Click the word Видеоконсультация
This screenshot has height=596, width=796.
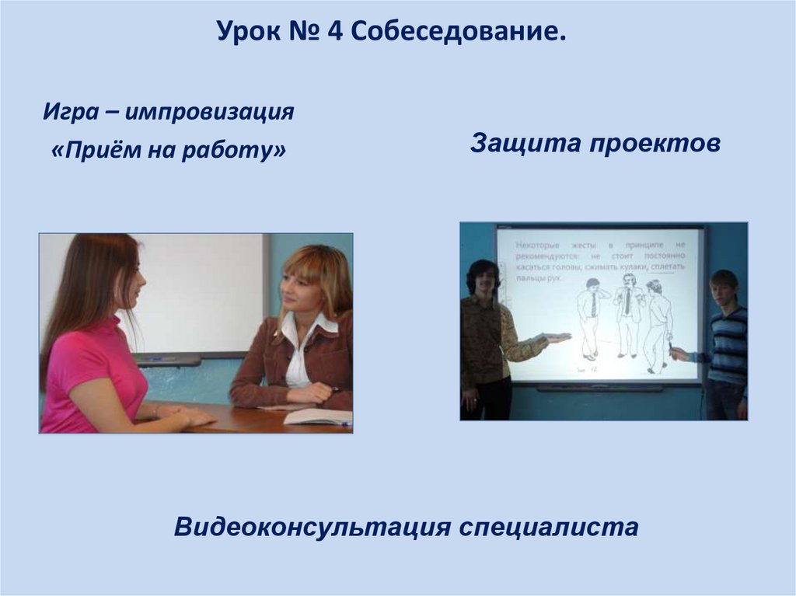coord(312,528)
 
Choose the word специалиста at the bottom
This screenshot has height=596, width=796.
coord(549,528)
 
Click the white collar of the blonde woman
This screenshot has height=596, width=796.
coord(299,330)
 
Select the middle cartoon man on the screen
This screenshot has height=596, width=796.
coord(627,315)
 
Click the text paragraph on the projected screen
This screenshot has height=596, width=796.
coord(599,259)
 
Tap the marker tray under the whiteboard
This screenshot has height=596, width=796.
coord(167,359)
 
